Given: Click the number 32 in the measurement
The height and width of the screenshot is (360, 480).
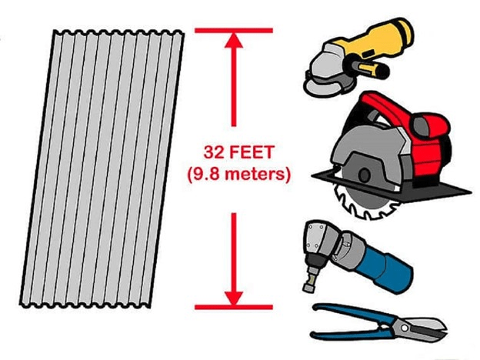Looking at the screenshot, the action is coord(213,152).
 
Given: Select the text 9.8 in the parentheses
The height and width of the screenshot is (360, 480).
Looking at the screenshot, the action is coord(205,174).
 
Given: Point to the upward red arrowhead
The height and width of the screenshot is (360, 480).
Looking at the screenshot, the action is coord(234,41).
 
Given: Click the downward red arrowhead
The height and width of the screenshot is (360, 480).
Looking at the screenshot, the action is coord(234,298).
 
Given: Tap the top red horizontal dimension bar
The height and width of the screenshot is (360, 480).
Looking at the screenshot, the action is coord(234,30).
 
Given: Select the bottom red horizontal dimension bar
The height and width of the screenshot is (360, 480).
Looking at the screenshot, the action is coord(234,307).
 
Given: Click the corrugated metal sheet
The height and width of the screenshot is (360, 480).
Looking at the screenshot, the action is coord(102,168).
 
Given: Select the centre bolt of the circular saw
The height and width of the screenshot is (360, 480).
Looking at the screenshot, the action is coord(365,175).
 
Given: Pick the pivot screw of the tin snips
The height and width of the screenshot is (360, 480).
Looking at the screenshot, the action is coord(404,328).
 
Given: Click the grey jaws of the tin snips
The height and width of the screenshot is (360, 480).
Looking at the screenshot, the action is coord(428,329).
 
